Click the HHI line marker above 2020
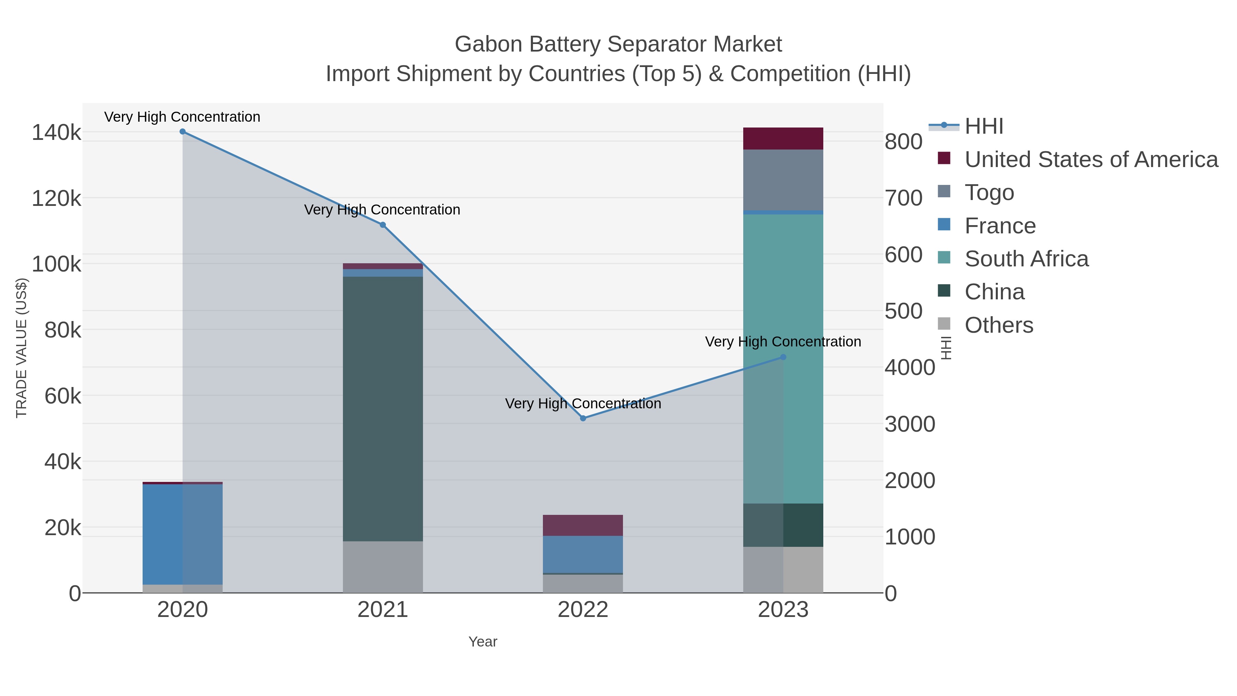(182, 132)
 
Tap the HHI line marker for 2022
(583, 418)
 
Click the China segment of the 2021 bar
(383, 409)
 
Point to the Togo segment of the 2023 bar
(783, 180)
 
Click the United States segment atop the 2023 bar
(783, 139)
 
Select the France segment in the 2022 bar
(583, 554)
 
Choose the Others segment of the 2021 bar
(383, 567)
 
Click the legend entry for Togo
(989, 192)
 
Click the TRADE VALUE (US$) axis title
(22, 348)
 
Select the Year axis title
(483, 642)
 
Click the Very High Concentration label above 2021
(382, 210)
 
